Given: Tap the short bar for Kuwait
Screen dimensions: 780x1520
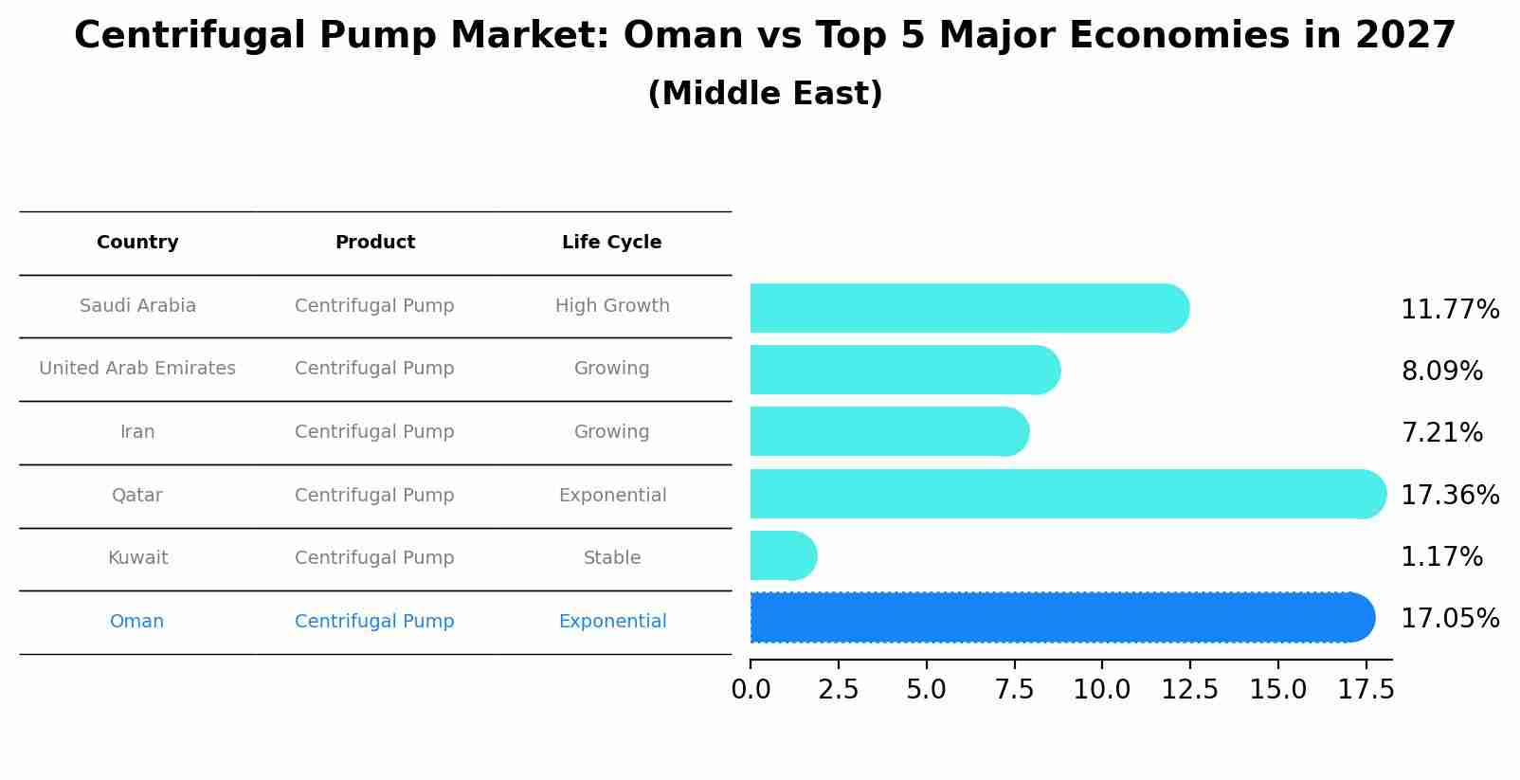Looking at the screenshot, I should (x=783, y=555).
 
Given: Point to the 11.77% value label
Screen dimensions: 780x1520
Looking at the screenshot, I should (x=1449, y=310).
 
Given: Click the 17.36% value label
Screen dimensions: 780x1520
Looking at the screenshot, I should (x=1449, y=495).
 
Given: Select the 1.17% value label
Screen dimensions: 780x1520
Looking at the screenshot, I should (x=1441, y=557).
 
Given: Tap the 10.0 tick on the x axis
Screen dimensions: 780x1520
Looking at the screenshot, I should (x=1101, y=690).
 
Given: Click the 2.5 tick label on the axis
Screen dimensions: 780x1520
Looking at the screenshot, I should (x=838, y=690).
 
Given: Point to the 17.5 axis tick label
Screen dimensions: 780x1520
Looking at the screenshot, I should (x=1366, y=690).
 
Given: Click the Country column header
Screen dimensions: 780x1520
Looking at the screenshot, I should (x=137, y=243).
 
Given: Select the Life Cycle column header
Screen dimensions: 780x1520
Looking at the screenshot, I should (x=611, y=243).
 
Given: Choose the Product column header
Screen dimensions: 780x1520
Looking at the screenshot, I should (x=374, y=243).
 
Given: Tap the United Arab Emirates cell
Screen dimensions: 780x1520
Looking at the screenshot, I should (x=137, y=369).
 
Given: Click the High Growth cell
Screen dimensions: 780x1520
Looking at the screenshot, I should (x=612, y=306).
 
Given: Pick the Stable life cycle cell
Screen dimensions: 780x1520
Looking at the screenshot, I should (x=612, y=558).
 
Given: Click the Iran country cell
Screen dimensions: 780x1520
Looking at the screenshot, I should (x=137, y=432).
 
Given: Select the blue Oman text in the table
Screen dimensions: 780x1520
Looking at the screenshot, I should (x=136, y=622).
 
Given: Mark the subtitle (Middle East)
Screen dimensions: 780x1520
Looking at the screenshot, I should (x=765, y=94).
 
